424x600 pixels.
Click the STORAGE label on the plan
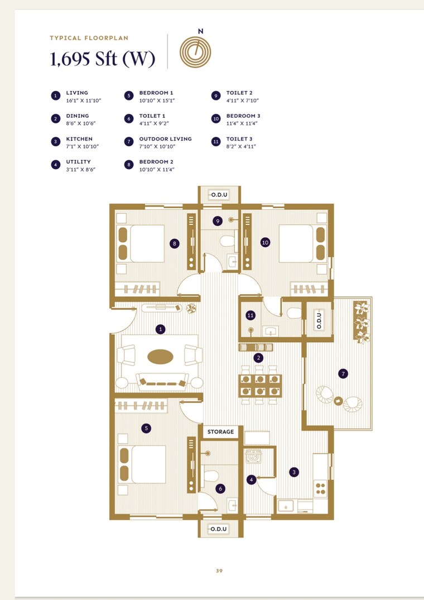220,431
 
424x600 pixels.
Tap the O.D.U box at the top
219,195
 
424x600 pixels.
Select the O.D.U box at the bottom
219,528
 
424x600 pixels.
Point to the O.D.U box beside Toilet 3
320,320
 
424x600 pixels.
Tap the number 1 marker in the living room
161,329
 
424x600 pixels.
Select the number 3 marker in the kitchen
294,472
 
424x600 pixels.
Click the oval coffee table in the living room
160,356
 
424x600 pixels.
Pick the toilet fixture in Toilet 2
227,242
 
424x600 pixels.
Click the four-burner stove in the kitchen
321,489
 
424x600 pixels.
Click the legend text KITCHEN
79,139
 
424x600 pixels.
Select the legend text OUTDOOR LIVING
165,139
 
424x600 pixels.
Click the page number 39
219,570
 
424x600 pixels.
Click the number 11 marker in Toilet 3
250,315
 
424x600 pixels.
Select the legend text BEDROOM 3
243,116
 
